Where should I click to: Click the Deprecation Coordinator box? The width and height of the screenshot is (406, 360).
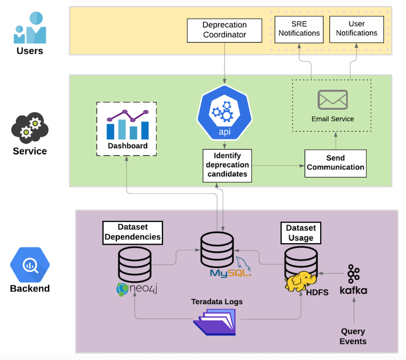click(x=224, y=30)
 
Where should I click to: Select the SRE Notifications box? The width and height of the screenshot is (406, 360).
click(x=298, y=28)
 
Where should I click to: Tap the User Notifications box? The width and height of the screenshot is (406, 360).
click(x=356, y=28)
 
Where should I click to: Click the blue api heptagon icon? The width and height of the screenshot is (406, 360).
click(x=224, y=112)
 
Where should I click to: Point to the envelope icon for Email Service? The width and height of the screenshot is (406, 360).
click(x=332, y=100)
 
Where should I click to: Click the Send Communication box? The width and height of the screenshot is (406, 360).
click(x=335, y=163)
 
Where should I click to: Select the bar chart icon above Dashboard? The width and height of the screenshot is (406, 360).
click(x=127, y=125)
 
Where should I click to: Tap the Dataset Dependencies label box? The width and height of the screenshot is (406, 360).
click(x=132, y=232)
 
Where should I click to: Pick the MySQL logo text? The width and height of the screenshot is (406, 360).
click(x=229, y=273)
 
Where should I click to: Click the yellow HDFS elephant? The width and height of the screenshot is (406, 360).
click(x=300, y=281)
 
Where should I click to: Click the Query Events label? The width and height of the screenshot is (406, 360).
click(x=353, y=336)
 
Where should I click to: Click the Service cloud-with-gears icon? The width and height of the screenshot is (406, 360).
click(x=29, y=125)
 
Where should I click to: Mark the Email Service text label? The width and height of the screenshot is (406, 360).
click(x=332, y=119)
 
